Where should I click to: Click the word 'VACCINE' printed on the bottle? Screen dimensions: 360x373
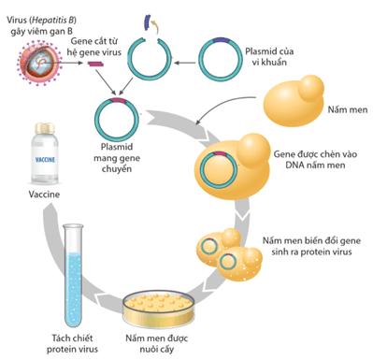48,160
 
